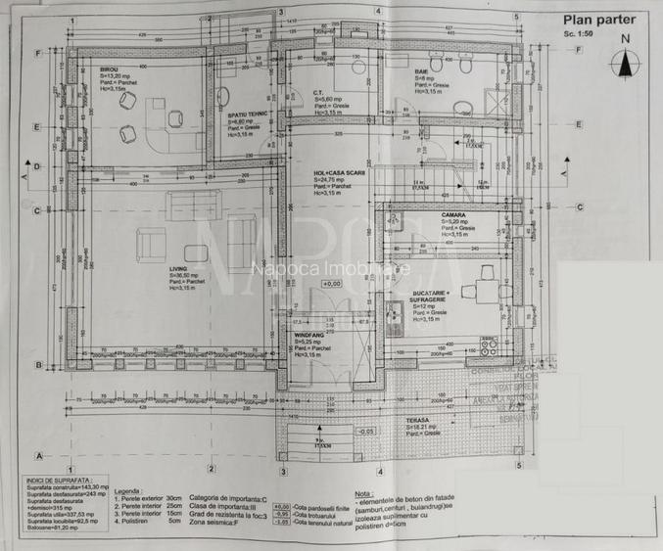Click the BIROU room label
pyautogui.click(x=109, y=69)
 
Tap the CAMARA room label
pyautogui.click(x=452, y=215)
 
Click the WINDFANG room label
pyautogui.click(x=309, y=334)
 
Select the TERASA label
pyautogui.click(x=419, y=419)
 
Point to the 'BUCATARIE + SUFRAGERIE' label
pyautogui.click(x=431, y=296)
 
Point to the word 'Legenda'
pyautogui.click(x=128, y=491)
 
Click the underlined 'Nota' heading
pyautogui.click(x=363, y=494)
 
